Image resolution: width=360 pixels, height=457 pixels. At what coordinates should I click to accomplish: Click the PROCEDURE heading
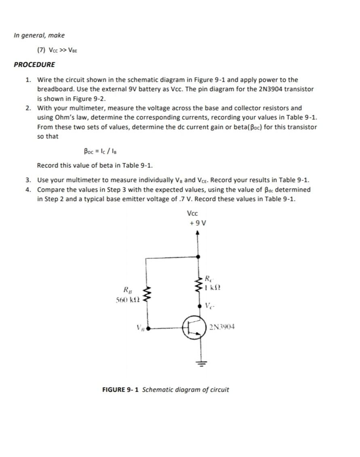coord(34,65)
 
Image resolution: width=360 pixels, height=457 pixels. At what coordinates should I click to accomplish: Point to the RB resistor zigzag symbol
coord(147,295)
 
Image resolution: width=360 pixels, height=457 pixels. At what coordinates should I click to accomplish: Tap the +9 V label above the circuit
coord(198,223)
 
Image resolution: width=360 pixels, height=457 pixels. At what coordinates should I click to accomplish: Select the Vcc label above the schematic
coord(193,213)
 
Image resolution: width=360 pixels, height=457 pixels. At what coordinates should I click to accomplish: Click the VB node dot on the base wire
coord(148,328)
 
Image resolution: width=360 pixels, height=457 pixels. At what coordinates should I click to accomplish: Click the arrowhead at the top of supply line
coord(198,233)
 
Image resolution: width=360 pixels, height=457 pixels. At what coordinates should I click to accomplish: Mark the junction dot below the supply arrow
coord(198,256)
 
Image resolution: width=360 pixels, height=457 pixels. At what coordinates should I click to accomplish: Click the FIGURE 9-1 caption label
coord(120,390)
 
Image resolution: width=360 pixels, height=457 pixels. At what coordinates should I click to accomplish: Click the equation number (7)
coord(42,50)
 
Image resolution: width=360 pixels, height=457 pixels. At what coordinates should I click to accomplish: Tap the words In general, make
coord(39,35)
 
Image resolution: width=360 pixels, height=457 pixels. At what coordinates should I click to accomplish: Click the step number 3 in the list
coord(28,180)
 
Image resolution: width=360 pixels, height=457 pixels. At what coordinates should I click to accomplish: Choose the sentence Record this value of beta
coord(95,166)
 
